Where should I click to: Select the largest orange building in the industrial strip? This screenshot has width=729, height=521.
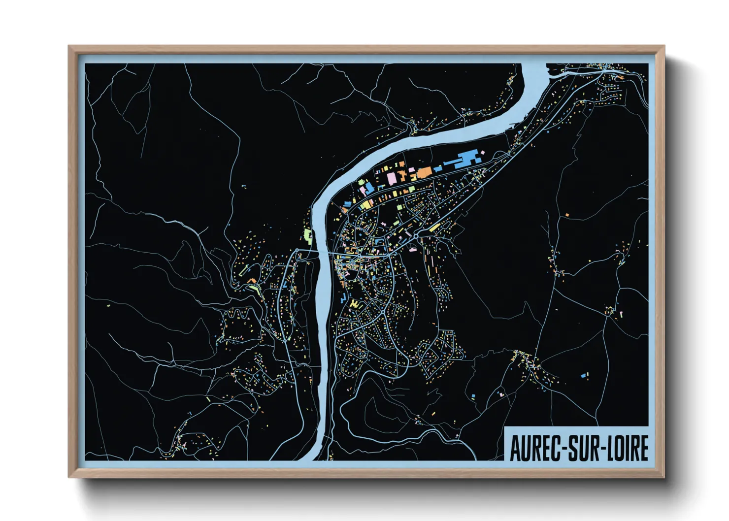[424, 172]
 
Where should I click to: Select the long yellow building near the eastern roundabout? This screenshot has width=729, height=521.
[434, 227]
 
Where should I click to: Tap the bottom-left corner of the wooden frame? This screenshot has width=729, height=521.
[69, 476]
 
